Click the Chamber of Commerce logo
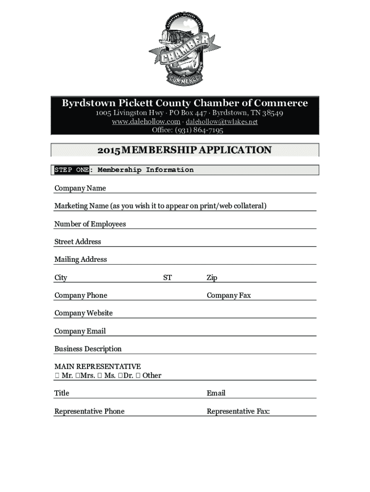(185, 49)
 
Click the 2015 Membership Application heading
(185, 150)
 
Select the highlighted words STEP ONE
(72, 170)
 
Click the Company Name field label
(80, 188)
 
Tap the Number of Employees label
(90, 224)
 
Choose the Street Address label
(77, 242)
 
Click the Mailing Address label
(80, 259)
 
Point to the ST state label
(167, 278)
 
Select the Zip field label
(212, 278)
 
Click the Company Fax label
(229, 295)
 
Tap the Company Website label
(83, 313)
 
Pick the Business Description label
(88, 349)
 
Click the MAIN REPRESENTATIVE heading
(98, 367)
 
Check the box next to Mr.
(57, 376)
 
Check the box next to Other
(138, 376)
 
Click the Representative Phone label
(89, 411)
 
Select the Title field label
(62, 394)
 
